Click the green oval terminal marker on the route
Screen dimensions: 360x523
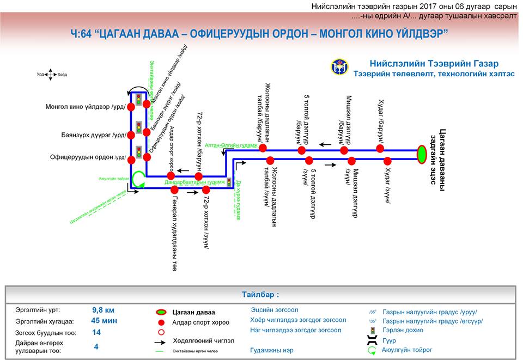pyautogui.click(x=422, y=154)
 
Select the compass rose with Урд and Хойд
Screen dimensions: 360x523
pyautogui.click(x=50, y=75)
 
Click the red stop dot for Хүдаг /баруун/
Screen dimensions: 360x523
pyautogui.click(x=380, y=148)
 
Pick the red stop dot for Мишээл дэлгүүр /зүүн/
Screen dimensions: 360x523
pyautogui.click(x=352, y=161)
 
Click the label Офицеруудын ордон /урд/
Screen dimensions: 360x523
pyautogui.click(x=87, y=157)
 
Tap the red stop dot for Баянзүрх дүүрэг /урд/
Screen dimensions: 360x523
pyautogui.click(x=131, y=135)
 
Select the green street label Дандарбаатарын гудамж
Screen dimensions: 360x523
pyautogui.click(x=194, y=182)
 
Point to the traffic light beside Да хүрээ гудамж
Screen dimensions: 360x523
pyautogui.click(x=229, y=181)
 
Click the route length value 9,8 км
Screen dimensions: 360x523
pyautogui.click(x=103, y=310)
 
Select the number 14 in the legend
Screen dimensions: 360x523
pyautogui.click(x=96, y=332)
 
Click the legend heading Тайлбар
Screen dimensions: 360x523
pyautogui.click(x=260, y=295)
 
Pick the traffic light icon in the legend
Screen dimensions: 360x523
pyautogui.click(x=373, y=331)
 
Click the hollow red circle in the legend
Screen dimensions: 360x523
pyautogui.click(x=161, y=331)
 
